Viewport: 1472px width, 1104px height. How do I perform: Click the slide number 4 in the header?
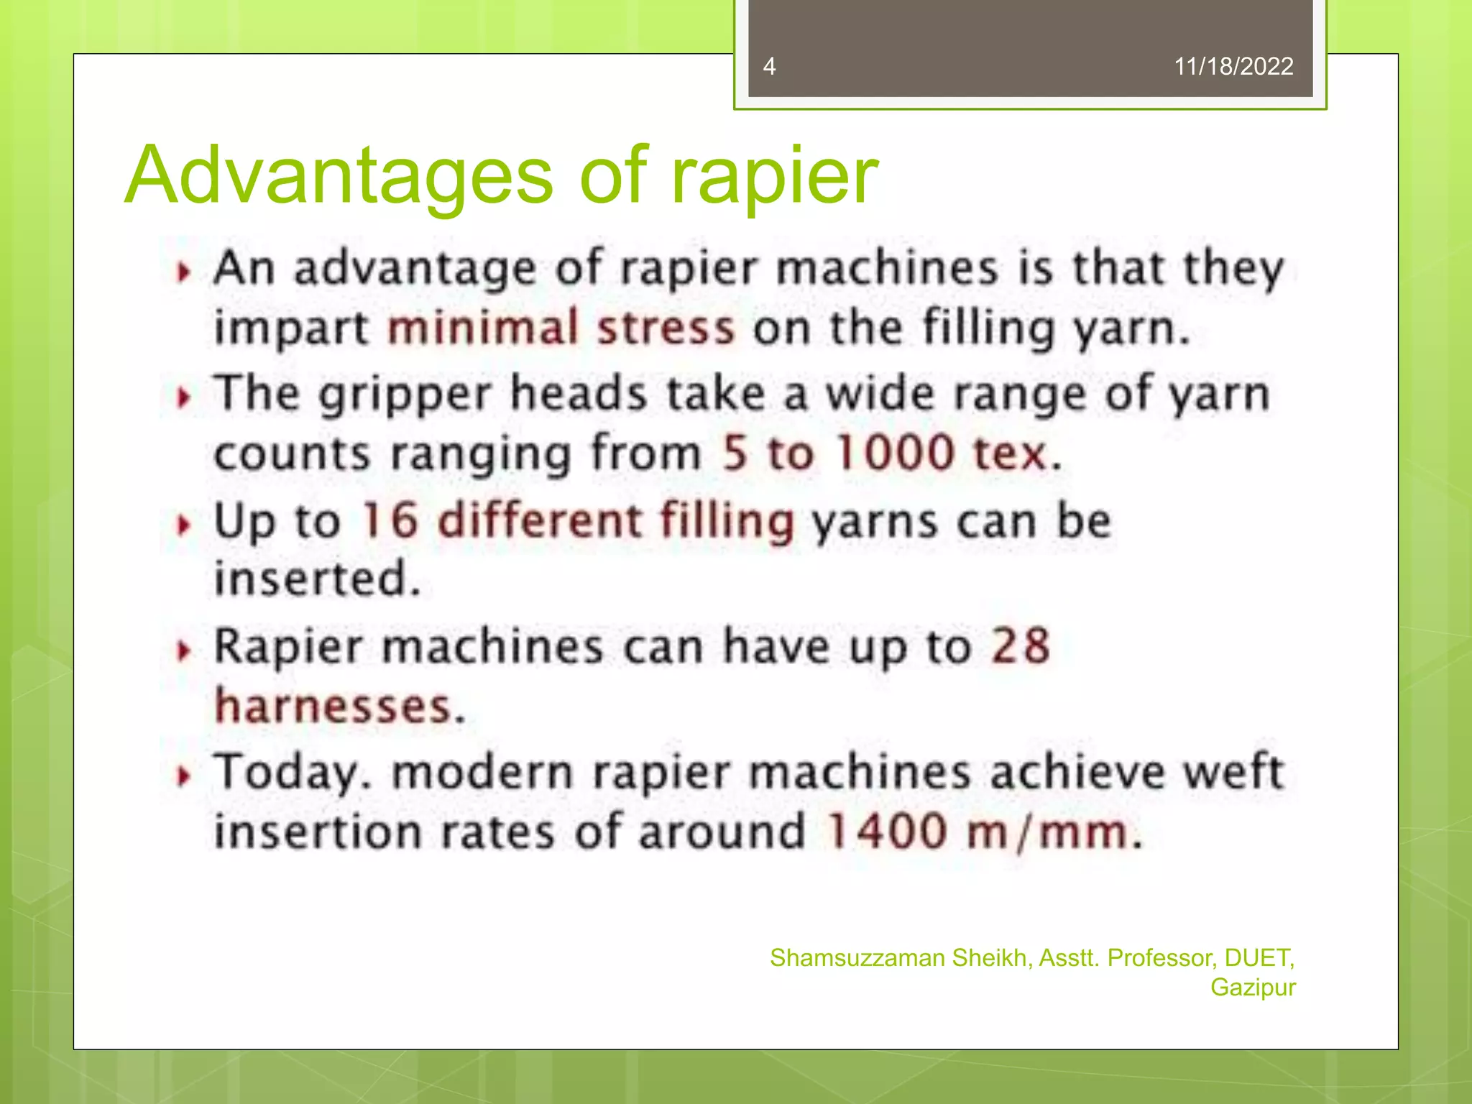click(x=769, y=66)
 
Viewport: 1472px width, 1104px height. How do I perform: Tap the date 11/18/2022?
click(x=1233, y=66)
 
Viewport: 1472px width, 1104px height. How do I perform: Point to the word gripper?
click(x=404, y=396)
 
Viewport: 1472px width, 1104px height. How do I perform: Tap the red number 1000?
click(x=895, y=454)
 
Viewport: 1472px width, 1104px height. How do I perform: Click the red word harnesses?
click(x=334, y=706)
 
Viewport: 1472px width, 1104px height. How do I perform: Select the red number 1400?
click(x=886, y=832)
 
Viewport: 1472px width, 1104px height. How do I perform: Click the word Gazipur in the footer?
click(x=1253, y=988)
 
